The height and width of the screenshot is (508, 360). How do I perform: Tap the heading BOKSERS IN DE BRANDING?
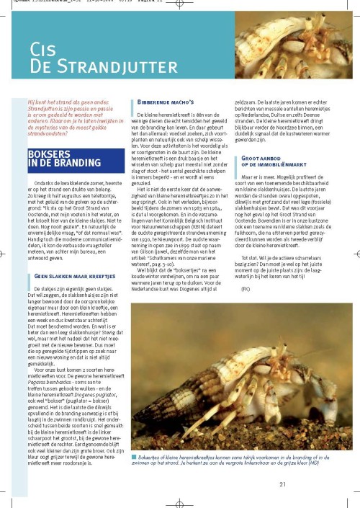click(x=58, y=158)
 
